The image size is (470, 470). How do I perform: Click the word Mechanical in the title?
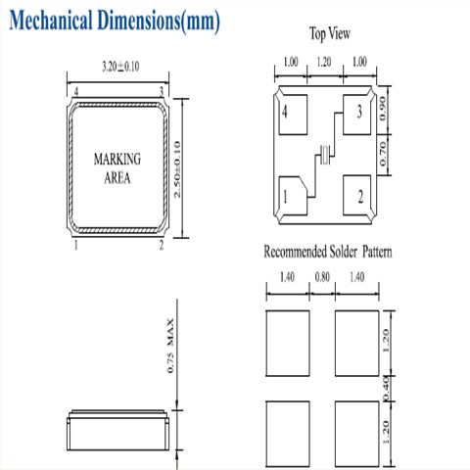click(x=51, y=21)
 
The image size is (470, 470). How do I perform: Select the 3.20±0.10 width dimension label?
click(x=120, y=67)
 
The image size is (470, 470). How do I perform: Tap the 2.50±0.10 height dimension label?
click(x=177, y=169)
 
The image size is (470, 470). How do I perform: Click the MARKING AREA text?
click(x=117, y=168)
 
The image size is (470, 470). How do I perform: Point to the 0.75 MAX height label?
click(x=170, y=346)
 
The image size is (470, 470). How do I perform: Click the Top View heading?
click(x=330, y=33)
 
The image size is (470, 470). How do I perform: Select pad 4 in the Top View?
click(x=293, y=115)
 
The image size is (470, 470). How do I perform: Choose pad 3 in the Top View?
click(x=356, y=115)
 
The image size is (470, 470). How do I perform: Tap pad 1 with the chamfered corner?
click(x=293, y=196)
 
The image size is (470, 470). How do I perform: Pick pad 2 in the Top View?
click(x=356, y=195)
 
